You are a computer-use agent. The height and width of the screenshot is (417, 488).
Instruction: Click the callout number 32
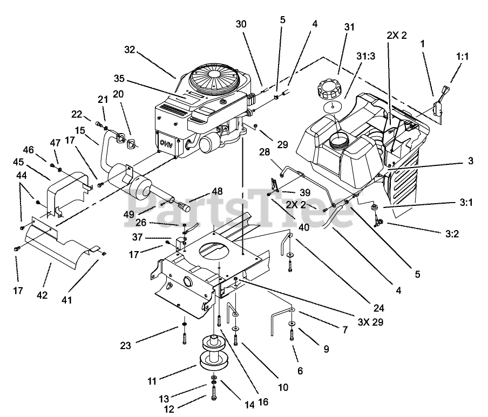point(130,50)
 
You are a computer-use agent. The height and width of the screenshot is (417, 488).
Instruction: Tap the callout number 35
point(119,79)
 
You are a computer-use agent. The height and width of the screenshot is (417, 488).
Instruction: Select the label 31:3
point(365,56)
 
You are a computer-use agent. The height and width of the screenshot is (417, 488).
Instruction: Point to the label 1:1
point(462,56)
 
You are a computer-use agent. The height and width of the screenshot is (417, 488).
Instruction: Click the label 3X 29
point(370,322)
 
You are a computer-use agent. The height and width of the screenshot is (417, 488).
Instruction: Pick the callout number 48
point(217,191)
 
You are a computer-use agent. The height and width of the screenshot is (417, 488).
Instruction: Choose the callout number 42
point(42,295)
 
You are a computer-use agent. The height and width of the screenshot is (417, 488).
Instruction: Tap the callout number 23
point(125,345)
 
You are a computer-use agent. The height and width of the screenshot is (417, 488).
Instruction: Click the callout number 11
point(152,381)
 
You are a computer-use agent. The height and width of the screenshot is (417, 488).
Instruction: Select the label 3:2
point(452,233)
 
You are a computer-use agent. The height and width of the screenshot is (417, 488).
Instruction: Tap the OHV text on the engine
point(167,143)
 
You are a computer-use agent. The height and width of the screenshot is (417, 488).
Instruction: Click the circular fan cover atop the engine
point(214,74)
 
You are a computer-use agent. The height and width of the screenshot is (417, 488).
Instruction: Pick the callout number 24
point(378,308)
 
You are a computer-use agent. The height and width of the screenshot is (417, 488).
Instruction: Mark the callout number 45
point(18,162)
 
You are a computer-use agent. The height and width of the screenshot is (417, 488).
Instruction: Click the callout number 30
point(241,24)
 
